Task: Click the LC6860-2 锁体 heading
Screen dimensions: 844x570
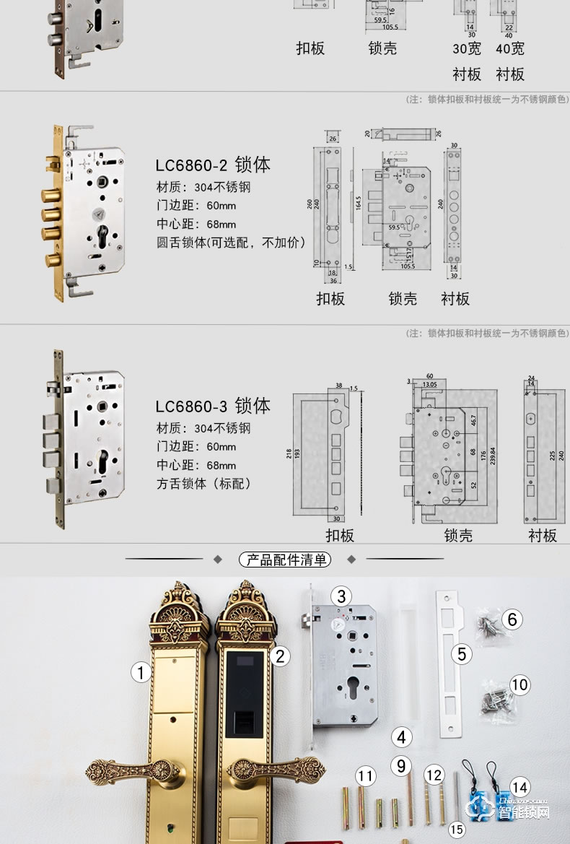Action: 213,165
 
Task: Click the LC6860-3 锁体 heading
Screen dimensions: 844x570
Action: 213,406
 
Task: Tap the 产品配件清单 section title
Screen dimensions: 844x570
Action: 285,560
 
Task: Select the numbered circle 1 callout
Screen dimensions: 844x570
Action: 141,673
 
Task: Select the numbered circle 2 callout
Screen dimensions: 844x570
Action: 280,656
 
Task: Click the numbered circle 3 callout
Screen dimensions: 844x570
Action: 341,596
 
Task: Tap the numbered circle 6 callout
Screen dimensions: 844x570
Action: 512,619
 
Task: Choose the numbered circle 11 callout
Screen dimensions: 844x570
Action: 367,777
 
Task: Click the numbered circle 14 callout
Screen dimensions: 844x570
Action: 519,787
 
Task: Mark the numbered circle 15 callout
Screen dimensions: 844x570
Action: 456,830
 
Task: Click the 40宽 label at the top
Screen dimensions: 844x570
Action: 509,49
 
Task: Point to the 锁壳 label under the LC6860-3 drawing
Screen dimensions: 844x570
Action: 458,535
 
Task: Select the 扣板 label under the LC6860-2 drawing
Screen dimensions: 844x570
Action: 330,299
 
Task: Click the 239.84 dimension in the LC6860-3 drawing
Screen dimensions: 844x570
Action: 494,457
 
